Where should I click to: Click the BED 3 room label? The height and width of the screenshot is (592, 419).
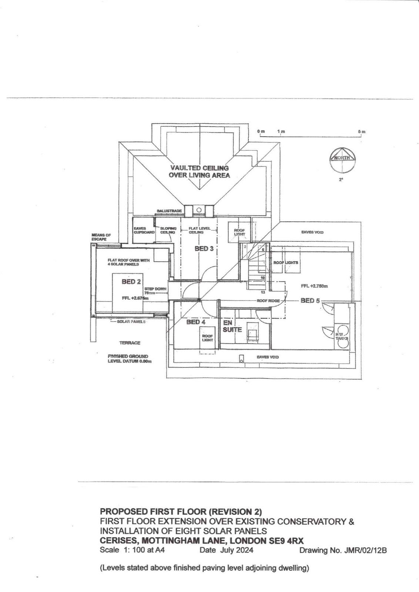tap(204, 249)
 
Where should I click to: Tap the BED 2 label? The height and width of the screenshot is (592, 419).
tap(131, 282)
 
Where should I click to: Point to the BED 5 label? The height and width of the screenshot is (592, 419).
tap(310, 300)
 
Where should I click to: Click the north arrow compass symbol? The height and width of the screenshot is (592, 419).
tap(342, 160)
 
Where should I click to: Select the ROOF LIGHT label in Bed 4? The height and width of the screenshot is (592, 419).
tap(207, 338)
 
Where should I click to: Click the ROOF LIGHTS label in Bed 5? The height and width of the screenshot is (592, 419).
tap(285, 262)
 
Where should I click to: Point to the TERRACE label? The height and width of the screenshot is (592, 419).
tap(130, 343)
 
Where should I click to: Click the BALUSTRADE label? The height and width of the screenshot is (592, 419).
tap(169, 211)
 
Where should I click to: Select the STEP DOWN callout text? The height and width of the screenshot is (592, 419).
tap(155, 289)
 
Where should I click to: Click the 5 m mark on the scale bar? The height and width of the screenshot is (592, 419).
tap(362, 132)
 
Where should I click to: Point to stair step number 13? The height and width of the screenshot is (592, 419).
tap(263, 292)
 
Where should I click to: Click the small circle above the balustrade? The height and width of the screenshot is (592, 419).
tap(199, 210)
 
